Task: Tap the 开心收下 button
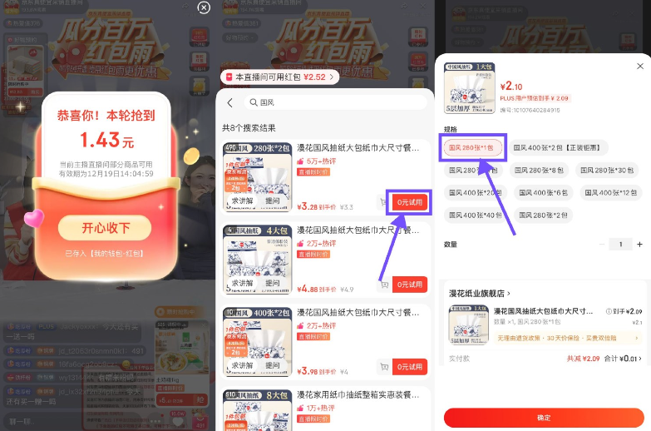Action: click(x=105, y=227)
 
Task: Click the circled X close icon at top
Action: click(x=204, y=7)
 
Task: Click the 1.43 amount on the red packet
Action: click(x=106, y=139)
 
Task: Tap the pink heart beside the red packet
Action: click(x=33, y=219)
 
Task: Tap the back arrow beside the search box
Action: click(x=229, y=102)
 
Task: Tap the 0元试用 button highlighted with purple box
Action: click(x=410, y=202)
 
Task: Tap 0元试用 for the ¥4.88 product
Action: click(x=410, y=285)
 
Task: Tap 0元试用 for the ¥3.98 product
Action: click(x=410, y=367)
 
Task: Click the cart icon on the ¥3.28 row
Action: click(x=383, y=202)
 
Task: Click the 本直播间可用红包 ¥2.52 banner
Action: click(x=279, y=77)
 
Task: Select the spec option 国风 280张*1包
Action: click(x=471, y=147)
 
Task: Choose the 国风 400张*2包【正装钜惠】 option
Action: click(x=558, y=147)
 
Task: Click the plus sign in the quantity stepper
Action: click(x=639, y=245)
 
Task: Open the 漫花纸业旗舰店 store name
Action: click(x=479, y=293)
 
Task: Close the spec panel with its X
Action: click(x=639, y=66)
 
